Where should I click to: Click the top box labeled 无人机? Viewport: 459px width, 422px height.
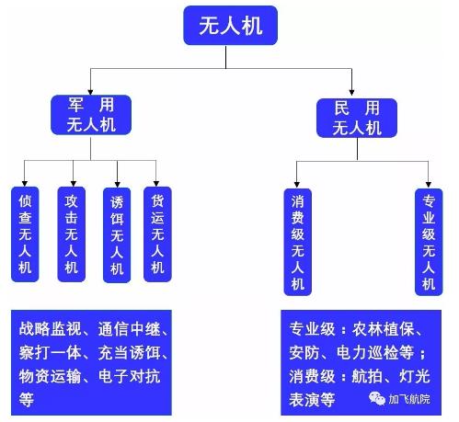point(230,27)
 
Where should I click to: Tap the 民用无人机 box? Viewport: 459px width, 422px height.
point(353,118)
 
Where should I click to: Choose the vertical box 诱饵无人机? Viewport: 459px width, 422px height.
point(116,235)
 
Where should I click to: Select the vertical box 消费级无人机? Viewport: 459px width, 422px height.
point(297,241)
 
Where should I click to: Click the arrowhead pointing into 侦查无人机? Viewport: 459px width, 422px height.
point(26,181)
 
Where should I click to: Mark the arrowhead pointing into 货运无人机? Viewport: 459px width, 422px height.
point(157,181)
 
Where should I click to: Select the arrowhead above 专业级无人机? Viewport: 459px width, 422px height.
point(428,183)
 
